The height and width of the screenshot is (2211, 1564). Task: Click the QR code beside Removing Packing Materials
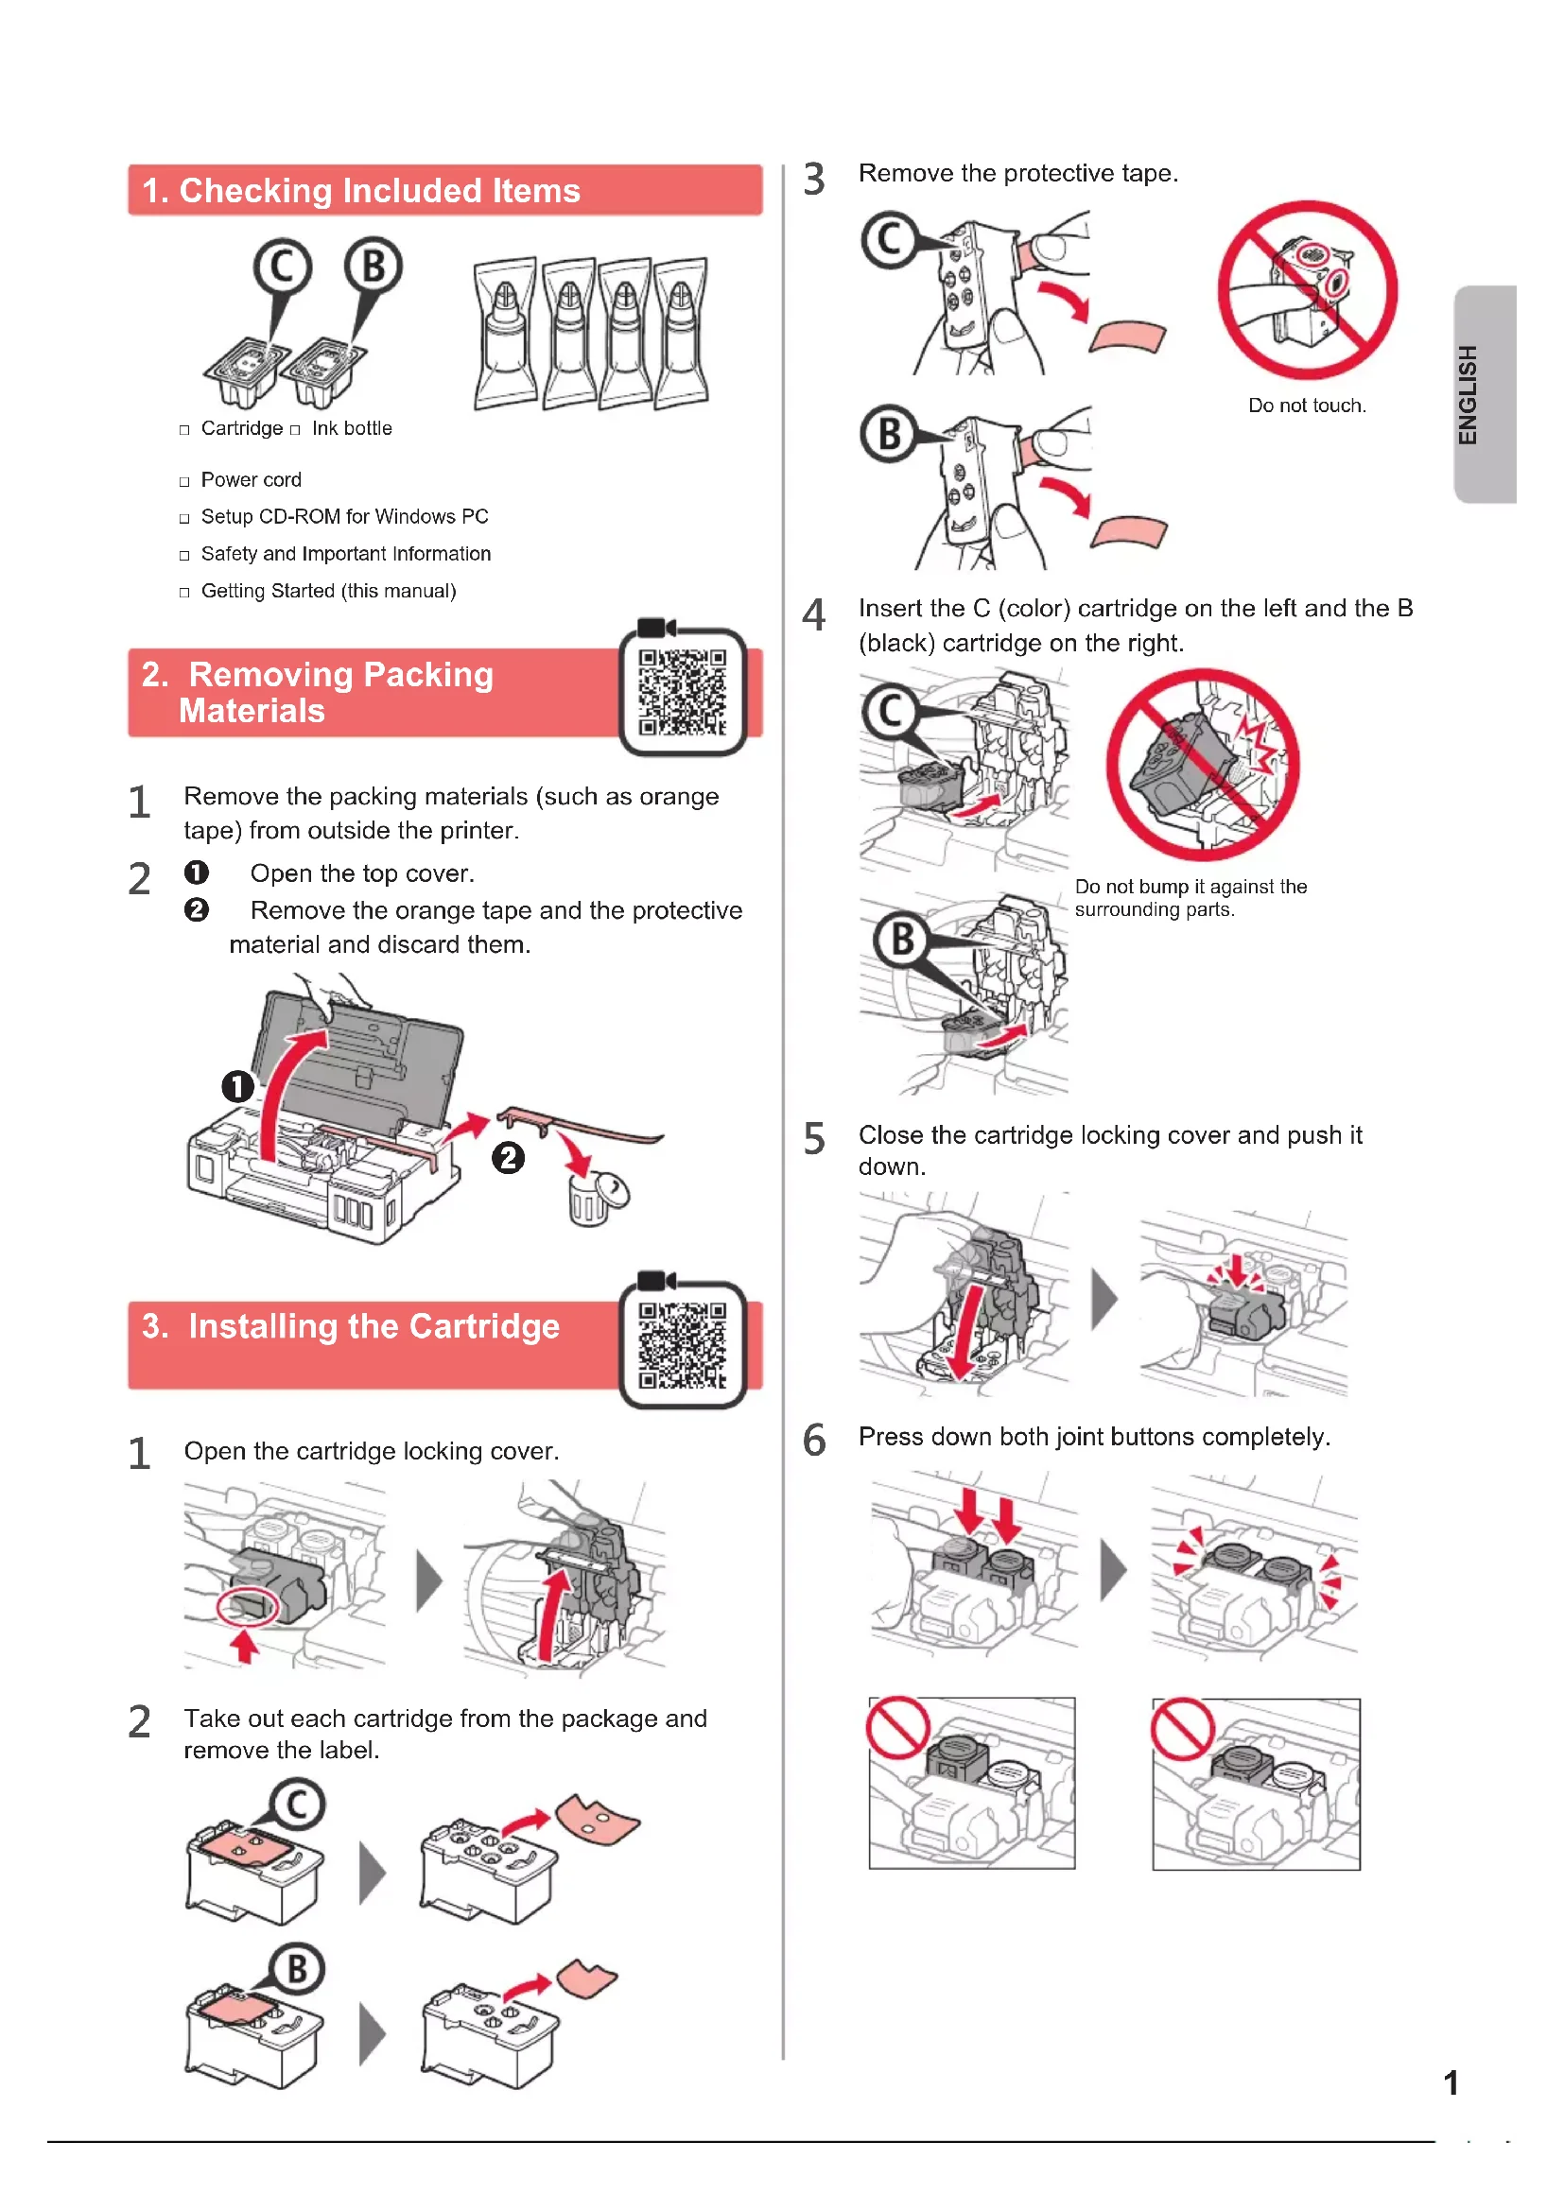pos(682,691)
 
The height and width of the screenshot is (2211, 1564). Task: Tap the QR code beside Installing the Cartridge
pos(682,1344)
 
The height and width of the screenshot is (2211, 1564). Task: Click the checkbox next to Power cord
pos(184,481)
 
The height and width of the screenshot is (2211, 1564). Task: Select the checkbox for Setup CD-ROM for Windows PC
pos(184,519)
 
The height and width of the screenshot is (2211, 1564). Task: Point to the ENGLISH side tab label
pos(1467,395)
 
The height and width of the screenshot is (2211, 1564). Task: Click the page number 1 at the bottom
pos(1451,2083)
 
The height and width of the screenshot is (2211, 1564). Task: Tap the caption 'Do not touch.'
pos(1307,406)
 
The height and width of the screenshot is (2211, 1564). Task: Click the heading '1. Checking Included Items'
pos(361,191)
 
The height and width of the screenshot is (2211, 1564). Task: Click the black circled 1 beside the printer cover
pos(238,1086)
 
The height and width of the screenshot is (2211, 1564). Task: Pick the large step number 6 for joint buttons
pos(815,1440)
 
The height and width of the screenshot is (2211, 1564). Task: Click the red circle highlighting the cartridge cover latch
pos(248,1605)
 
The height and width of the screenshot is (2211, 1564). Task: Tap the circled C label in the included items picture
pos(282,267)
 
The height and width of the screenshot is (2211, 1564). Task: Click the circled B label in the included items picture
pos(374,266)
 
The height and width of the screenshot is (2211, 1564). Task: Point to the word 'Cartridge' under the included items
pos(242,428)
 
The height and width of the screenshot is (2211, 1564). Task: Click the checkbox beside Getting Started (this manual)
pos(184,594)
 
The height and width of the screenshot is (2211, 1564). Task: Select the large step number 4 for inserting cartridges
pos(815,614)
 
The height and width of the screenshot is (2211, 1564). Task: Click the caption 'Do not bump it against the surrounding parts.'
pos(1190,897)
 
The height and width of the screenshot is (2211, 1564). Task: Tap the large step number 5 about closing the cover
pos(815,1138)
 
